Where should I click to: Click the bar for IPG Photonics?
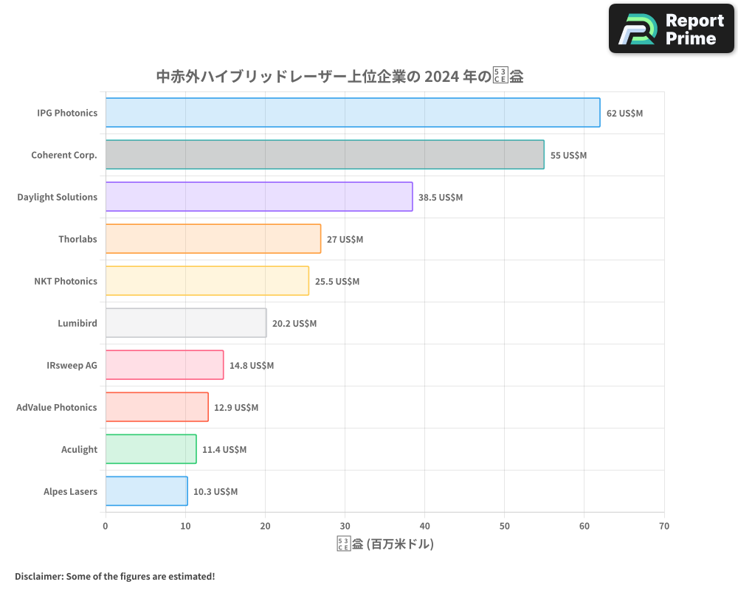pyautogui.click(x=353, y=113)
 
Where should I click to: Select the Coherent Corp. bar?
pyautogui.click(x=325, y=155)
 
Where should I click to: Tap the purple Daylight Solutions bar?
pyautogui.click(x=259, y=197)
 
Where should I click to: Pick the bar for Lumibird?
pyautogui.click(x=186, y=323)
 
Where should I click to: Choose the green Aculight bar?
pyautogui.click(x=151, y=449)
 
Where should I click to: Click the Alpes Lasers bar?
pyautogui.click(x=146, y=491)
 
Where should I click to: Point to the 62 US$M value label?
pyautogui.click(x=624, y=114)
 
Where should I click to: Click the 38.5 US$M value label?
pyautogui.click(x=441, y=198)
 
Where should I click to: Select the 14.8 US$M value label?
pyautogui.click(x=252, y=366)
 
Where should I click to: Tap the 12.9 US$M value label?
pyautogui.click(x=236, y=408)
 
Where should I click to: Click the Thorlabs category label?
pyautogui.click(x=77, y=239)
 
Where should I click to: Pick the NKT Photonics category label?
pyautogui.click(x=66, y=281)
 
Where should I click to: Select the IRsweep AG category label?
pyautogui.click(x=72, y=365)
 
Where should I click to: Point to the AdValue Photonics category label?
pyautogui.click(x=57, y=407)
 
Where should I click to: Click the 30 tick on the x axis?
pyautogui.click(x=345, y=526)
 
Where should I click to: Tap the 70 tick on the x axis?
pyautogui.click(x=664, y=526)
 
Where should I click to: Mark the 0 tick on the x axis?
pyautogui.click(x=106, y=526)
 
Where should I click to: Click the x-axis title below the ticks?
pyautogui.click(x=384, y=544)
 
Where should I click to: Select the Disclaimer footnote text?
pyautogui.click(x=114, y=576)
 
